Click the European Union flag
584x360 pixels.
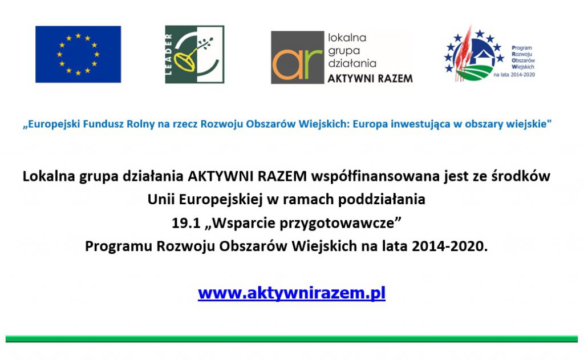click(x=78, y=54)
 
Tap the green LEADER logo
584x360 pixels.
click(x=194, y=54)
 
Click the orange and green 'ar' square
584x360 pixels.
click(x=297, y=58)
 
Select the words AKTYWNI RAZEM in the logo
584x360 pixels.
click(x=370, y=79)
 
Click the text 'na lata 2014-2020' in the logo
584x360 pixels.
click(x=514, y=75)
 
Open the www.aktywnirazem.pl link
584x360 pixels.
click(x=291, y=293)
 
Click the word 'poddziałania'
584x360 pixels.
click(x=382, y=200)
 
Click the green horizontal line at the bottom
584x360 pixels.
click(x=291, y=339)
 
